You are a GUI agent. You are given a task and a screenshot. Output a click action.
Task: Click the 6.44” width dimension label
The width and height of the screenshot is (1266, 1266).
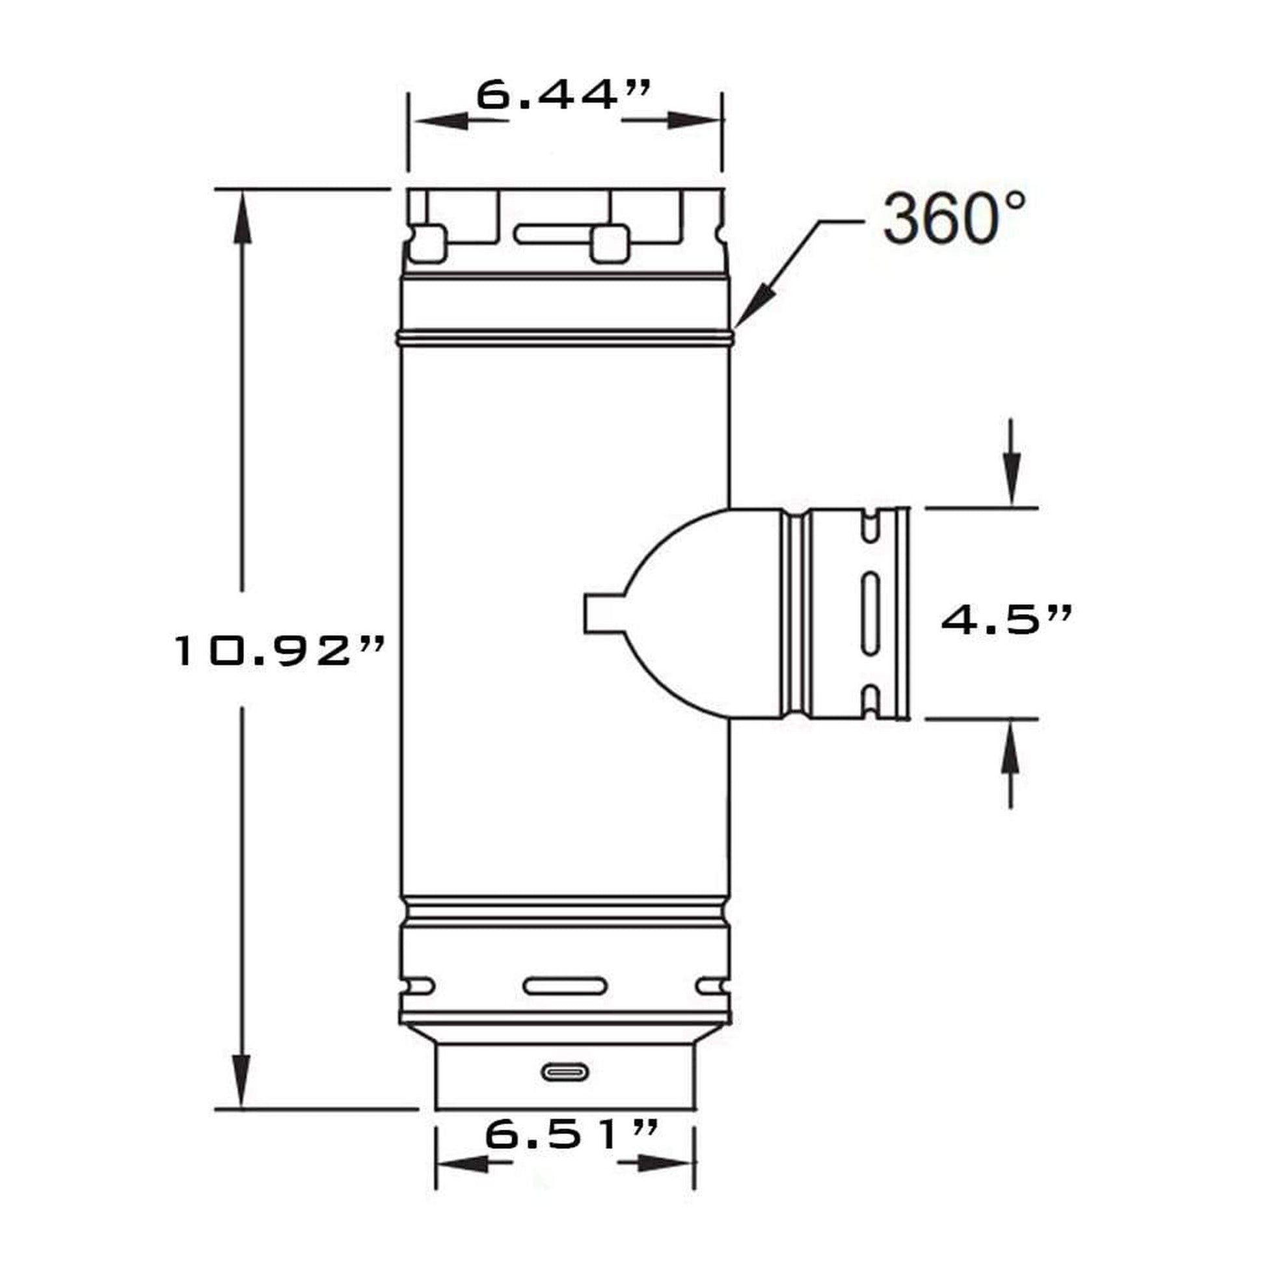pyautogui.click(x=563, y=95)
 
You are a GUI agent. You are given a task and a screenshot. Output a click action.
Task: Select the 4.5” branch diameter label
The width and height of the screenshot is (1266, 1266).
pyautogui.click(x=1007, y=619)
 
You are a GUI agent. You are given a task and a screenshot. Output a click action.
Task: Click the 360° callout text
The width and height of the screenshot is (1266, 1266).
pyautogui.click(x=954, y=218)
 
